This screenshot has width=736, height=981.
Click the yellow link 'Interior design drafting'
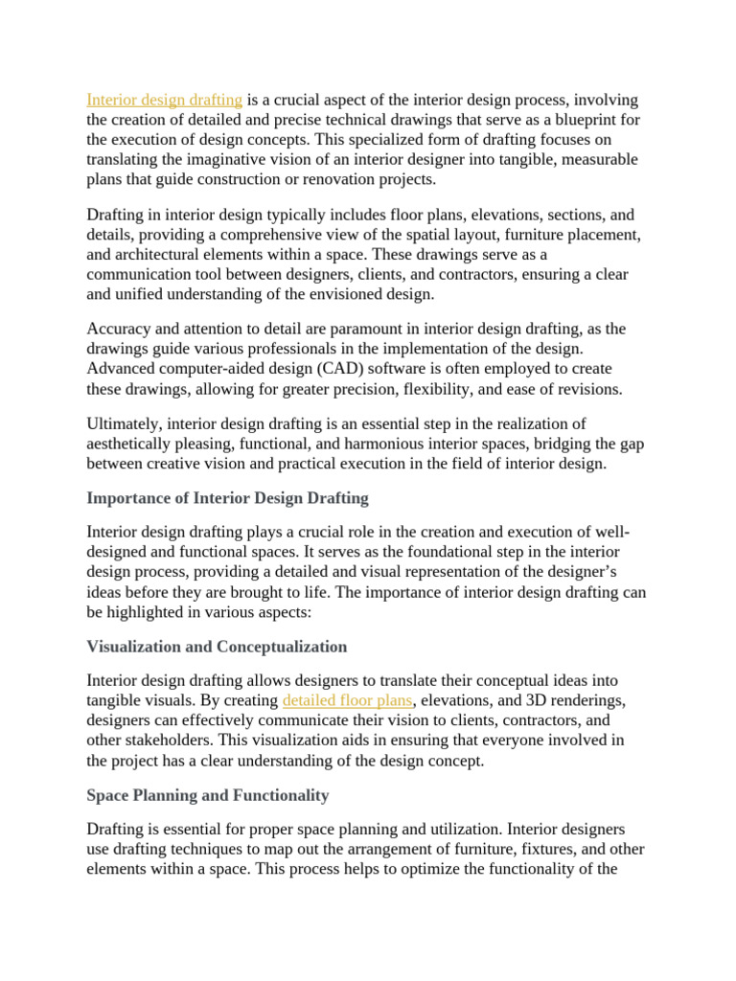tap(165, 100)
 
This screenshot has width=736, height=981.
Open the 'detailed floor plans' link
tap(347, 699)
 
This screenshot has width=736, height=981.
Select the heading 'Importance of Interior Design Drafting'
tap(227, 498)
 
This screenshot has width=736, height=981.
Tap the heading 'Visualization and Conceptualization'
tap(217, 647)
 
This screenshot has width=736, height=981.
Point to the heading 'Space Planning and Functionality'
tap(208, 795)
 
